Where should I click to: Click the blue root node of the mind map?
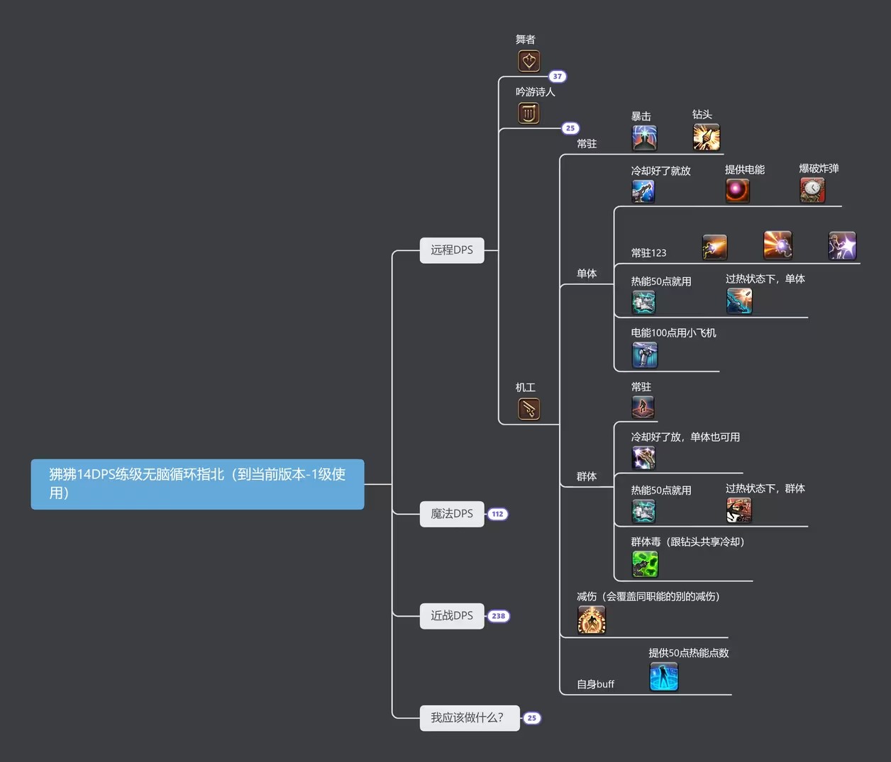(197, 484)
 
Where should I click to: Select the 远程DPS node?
(452, 250)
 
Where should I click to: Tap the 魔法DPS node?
(452, 514)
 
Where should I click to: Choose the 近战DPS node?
(452, 616)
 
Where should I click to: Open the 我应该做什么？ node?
(469, 718)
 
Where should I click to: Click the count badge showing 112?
(498, 514)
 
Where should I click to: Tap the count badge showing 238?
(499, 616)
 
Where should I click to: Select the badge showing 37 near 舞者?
(558, 77)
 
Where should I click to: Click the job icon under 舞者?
(528, 61)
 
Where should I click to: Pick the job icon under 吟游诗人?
(528, 113)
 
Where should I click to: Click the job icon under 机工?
(528, 409)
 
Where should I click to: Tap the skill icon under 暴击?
(644, 138)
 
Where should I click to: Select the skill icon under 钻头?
(706, 137)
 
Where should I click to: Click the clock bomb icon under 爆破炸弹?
(812, 190)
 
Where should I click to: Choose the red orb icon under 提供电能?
(737, 190)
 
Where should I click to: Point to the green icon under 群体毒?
(645, 564)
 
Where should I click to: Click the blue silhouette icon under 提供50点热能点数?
(664, 676)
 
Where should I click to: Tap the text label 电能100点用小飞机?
(673, 333)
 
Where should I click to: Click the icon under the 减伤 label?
(592, 620)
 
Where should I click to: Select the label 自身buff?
(595, 684)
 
